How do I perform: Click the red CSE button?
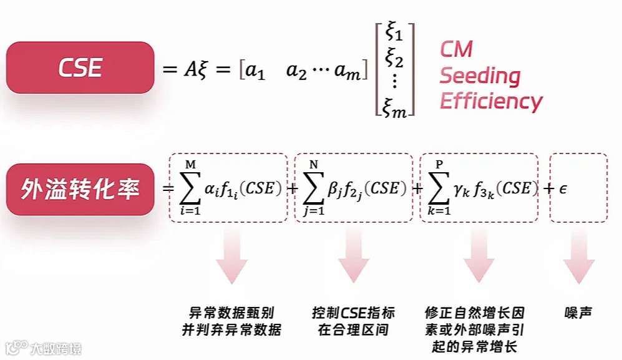[80, 67]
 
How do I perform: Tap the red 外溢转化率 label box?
[80, 189]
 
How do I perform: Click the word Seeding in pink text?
[479, 76]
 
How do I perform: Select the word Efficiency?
[491, 101]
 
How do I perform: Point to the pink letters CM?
[456, 50]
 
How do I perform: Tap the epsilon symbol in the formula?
[562, 188]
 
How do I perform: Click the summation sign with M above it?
[190, 188]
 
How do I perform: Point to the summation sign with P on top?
[440, 188]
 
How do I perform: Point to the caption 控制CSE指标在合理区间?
[353, 321]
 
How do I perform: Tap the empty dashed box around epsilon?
[578, 187]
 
